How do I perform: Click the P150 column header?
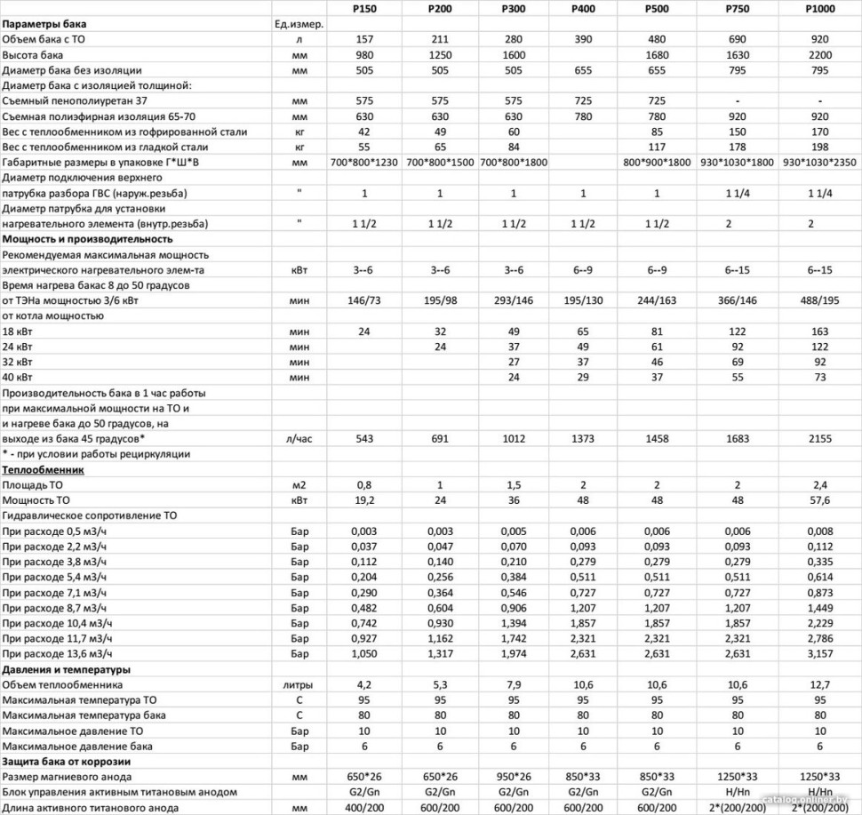[x=365, y=9]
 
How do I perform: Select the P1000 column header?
[x=819, y=9]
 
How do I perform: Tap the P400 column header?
[x=584, y=9]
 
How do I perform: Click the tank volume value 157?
[x=365, y=40]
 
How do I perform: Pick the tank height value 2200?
[x=819, y=55]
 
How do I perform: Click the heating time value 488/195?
[x=819, y=300]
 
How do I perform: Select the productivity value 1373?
[x=584, y=439]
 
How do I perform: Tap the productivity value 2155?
[x=819, y=439]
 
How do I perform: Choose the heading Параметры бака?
[x=44, y=24]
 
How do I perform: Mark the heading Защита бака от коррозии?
[x=67, y=762]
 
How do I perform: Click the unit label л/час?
[x=299, y=439]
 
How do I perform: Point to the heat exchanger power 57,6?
[x=819, y=500]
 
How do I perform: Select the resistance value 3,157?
[x=819, y=654]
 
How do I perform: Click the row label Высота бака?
[x=32, y=55]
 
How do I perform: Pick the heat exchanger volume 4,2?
[x=365, y=684]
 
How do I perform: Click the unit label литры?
[x=299, y=684]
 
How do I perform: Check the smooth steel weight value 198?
[x=819, y=147]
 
